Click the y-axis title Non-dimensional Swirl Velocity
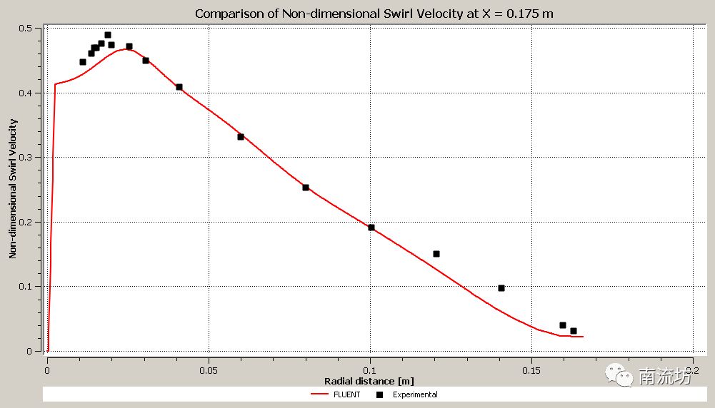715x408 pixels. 13,190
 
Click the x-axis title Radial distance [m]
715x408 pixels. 369,381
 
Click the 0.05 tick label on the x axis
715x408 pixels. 209,371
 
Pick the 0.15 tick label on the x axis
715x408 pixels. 531,371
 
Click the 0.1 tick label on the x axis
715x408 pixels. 370,371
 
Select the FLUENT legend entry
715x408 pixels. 336,394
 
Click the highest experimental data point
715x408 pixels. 108,35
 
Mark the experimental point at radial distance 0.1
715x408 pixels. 371,228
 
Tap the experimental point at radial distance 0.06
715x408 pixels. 241,137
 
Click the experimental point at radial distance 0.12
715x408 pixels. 436,254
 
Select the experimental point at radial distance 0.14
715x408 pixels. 501,288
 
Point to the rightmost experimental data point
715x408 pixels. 574,331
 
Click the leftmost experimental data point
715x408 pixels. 83,62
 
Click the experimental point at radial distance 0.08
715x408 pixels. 306,188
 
